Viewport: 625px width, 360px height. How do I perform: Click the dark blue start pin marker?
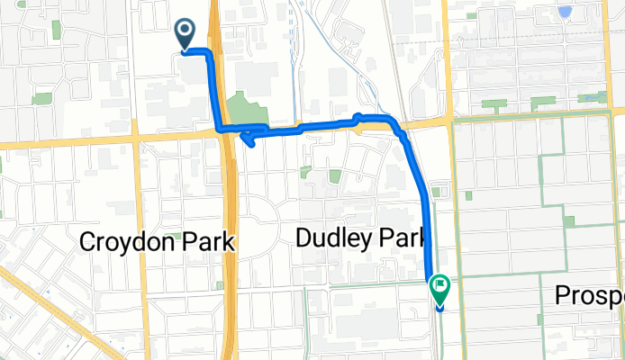[x=186, y=34]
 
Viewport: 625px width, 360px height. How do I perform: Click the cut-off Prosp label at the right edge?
[x=590, y=295]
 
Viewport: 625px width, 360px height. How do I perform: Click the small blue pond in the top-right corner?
[x=565, y=12]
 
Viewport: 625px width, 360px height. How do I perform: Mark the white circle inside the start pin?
[x=186, y=30]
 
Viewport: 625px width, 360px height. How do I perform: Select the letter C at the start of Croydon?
[x=88, y=242]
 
